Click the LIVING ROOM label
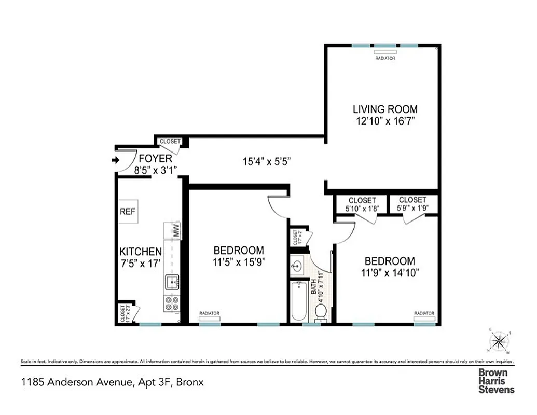(385, 109)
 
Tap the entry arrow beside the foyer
(115, 161)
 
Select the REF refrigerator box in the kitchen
(128, 212)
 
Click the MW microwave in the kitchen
(175, 230)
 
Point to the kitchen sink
(172, 282)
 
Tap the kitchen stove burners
(172, 303)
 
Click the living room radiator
(385, 52)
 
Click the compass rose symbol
(499, 341)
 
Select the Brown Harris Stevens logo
(497, 381)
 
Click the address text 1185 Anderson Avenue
(112, 383)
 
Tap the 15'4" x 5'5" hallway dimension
(266, 161)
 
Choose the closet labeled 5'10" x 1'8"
(362, 204)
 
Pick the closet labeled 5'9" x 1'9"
(413, 204)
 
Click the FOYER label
(152, 159)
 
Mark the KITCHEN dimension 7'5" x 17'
(141, 262)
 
